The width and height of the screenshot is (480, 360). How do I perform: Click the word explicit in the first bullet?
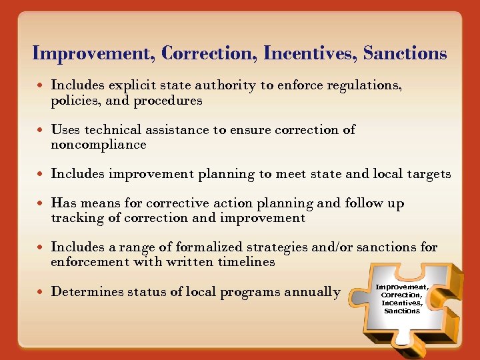click(x=128, y=85)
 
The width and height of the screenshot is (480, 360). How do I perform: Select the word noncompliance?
click(x=99, y=145)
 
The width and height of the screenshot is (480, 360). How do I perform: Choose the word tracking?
click(x=76, y=218)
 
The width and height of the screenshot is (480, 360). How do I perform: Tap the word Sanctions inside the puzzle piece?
click(x=402, y=311)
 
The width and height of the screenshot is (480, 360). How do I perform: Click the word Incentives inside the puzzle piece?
click(x=401, y=303)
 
